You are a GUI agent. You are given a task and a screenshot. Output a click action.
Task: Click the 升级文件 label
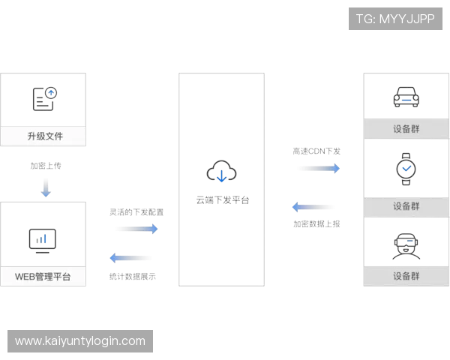tap(45, 136)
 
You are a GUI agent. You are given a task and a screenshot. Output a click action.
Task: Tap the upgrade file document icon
tap(45, 98)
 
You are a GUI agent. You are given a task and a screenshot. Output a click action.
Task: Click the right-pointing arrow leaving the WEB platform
tap(138, 227)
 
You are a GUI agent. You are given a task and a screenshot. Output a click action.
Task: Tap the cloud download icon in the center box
tap(222, 174)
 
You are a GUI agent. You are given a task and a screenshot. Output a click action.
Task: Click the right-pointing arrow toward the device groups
tap(317, 169)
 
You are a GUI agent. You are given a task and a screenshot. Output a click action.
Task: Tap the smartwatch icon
tap(406, 169)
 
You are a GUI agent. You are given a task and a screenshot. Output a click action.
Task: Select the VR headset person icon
tap(406, 245)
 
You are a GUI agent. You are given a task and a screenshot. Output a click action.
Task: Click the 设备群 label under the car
tap(406, 128)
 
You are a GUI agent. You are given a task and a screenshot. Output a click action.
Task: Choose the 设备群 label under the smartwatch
tap(406, 206)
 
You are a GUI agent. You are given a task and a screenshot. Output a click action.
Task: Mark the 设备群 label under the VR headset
tap(406, 275)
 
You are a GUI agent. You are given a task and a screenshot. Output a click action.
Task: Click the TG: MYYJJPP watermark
tap(395, 19)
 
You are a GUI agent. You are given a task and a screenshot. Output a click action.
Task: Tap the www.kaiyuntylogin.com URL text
tap(80, 341)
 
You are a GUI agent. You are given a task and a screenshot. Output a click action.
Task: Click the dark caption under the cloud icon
tap(222, 200)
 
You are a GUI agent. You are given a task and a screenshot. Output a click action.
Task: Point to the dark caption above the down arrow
tap(47, 166)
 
